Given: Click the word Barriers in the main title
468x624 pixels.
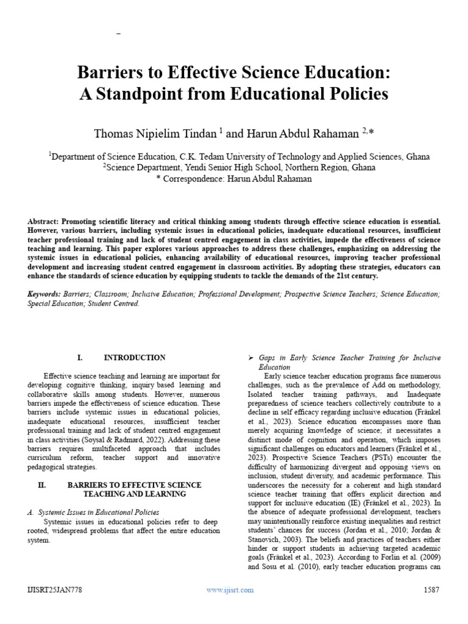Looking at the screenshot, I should click(105, 73).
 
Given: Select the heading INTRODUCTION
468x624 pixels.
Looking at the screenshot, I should click(135, 358).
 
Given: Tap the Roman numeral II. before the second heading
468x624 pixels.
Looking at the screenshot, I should click(42, 484).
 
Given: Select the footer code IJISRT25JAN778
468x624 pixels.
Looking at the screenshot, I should click(55, 590).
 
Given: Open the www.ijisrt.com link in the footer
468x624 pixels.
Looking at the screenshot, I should click(230, 590).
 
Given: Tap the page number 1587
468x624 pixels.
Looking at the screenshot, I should click(431, 590).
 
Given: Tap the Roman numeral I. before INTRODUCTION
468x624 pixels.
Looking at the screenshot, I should click(80, 358).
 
